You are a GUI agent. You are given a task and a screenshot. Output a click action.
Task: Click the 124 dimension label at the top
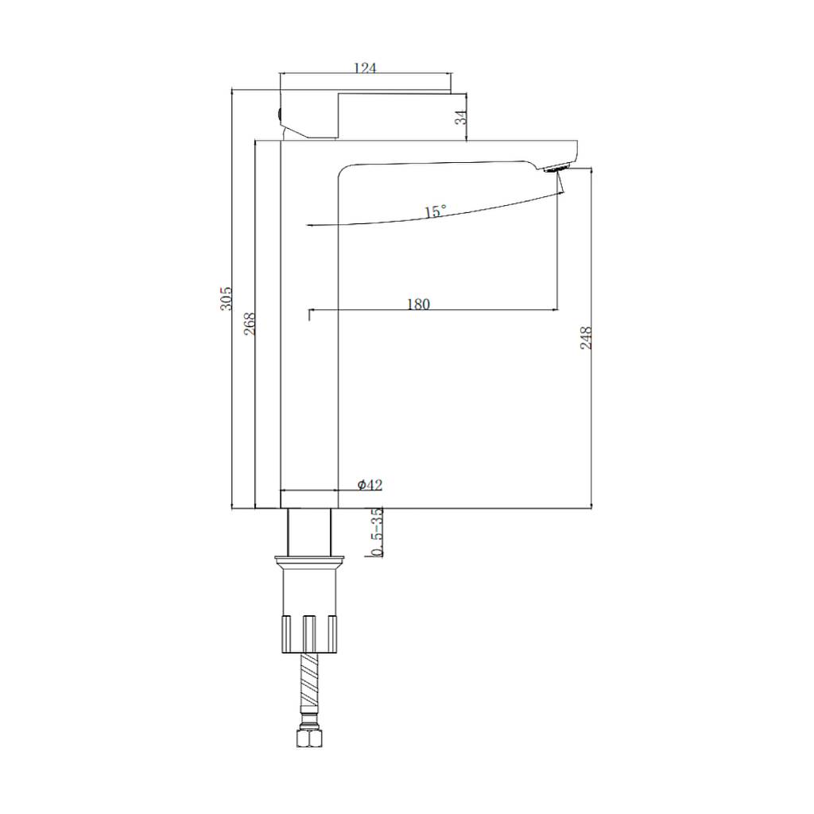click(364, 68)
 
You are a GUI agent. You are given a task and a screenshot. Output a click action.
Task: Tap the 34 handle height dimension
click(461, 117)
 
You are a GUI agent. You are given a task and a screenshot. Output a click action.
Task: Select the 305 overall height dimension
click(226, 298)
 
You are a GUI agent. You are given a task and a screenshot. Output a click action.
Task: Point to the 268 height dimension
click(250, 323)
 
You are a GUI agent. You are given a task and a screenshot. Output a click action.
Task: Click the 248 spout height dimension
click(586, 338)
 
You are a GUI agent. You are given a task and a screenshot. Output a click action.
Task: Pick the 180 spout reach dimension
click(418, 304)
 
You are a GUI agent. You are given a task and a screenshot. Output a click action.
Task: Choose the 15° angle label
click(435, 211)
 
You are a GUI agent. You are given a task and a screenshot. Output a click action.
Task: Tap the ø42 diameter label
click(370, 485)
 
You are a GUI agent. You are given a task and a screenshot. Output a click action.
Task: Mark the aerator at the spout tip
click(557, 168)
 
